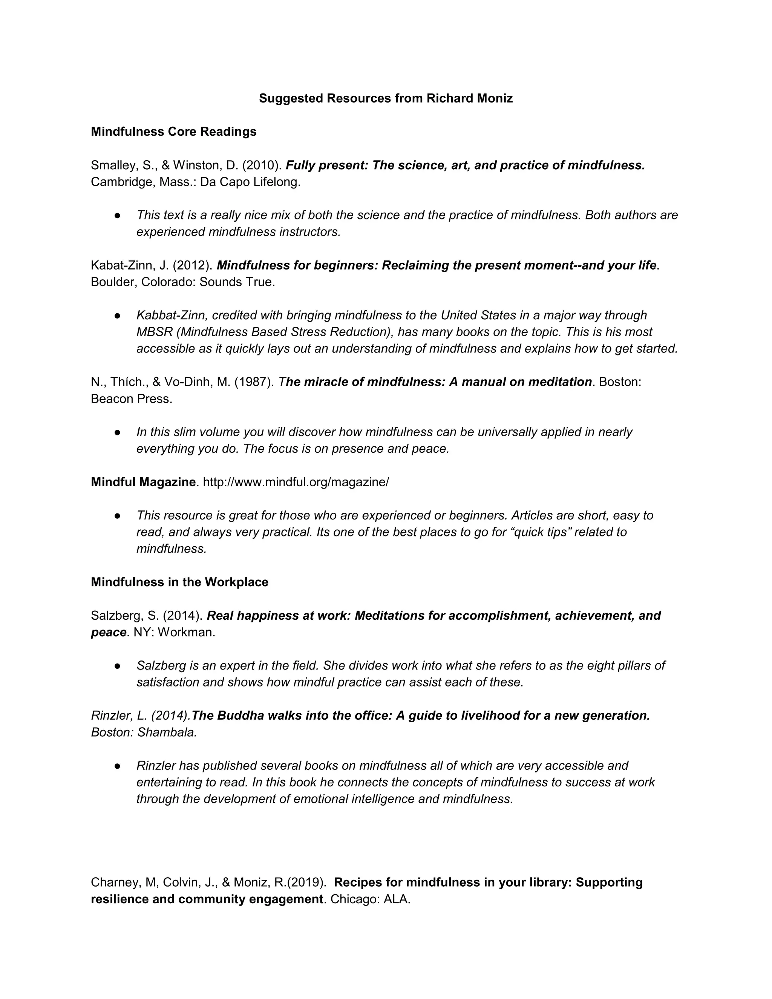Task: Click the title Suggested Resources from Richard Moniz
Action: tap(386, 98)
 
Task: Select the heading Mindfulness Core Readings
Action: tap(173, 132)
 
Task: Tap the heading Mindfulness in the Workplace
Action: tap(179, 582)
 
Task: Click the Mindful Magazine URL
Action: tap(296, 482)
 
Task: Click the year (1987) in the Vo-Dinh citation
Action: tap(254, 382)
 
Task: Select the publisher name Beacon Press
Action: tap(131, 399)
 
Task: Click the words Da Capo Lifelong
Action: tap(250, 182)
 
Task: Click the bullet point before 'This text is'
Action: tap(118, 215)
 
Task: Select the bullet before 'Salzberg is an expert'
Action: tap(118, 666)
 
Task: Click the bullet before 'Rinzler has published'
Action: tap(118, 766)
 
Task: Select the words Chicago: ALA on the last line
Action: tap(370, 900)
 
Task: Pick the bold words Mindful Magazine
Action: tap(143, 482)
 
